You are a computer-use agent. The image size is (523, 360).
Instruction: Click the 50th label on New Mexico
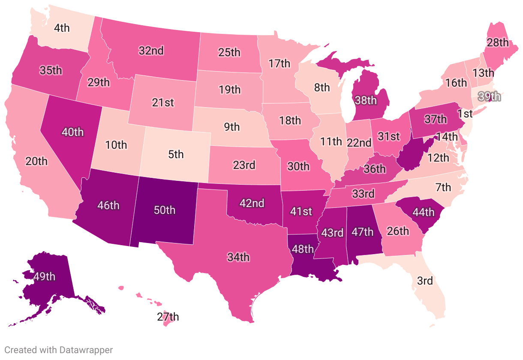click(165, 210)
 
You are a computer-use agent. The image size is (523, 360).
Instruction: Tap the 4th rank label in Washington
click(62, 28)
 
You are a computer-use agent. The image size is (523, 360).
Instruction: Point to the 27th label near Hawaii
click(168, 317)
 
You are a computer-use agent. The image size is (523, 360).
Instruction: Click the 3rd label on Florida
click(425, 281)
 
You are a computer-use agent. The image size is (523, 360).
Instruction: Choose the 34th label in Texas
click(238, 257)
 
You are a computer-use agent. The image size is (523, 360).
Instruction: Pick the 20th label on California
click(36, 161)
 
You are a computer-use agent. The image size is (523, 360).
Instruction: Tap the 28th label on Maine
click(498, 42)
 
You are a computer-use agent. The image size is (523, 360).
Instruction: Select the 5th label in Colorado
click(176, 154)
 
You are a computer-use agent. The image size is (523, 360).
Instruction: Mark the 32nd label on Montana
click(151, 51)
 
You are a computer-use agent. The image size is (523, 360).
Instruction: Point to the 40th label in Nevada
click(72, 132)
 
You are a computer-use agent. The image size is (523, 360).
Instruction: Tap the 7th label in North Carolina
click(443, 187)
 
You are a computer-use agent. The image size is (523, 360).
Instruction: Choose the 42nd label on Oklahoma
click(252, 203)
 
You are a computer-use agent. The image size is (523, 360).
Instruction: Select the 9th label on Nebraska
click(232, 126)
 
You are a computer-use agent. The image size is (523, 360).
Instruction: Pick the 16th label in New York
click(456, 82)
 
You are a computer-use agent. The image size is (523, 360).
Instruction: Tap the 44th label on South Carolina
click(423, 212)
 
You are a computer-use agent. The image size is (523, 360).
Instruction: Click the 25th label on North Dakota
click(229, 53)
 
